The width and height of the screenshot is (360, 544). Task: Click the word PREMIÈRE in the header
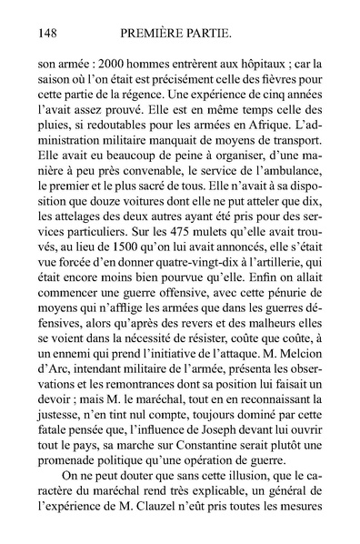[165, 35]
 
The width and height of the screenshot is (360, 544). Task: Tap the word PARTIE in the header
[230, 35]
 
